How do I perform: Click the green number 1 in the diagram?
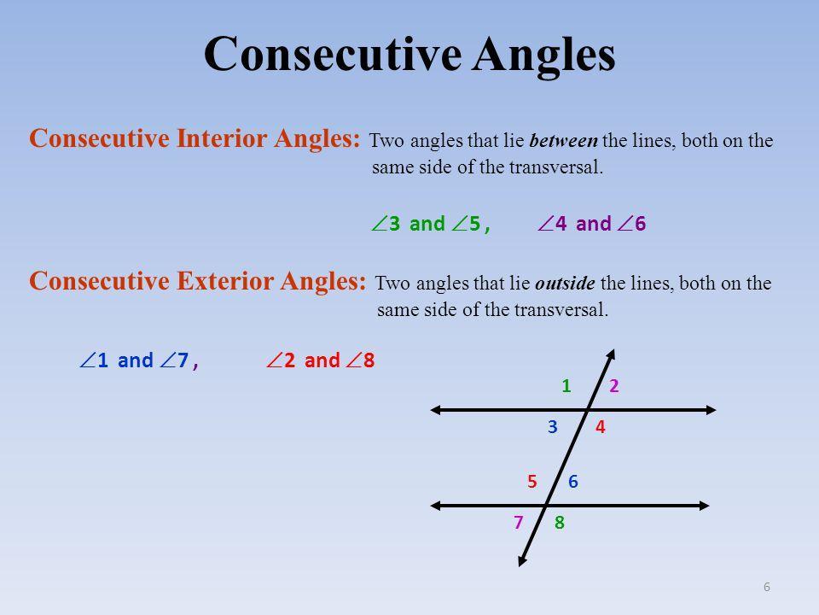[x=566, y=386]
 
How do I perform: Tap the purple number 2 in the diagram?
[x=613, y=386]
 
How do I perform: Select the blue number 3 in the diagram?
[x=553, y=427]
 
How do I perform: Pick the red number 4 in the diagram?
[x=600, y=427]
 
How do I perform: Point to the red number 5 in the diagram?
[x=531, y=481]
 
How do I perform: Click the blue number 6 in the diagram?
[x=573, y=481]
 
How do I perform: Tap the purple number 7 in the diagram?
[x=518, y=522]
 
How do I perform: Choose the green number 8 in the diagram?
[x=560, y=522]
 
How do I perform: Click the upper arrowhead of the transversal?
[x=611, y=354]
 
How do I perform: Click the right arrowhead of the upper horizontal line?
[x=711, y=410]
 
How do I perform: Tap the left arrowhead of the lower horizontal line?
[x=436, y=506]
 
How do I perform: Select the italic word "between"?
[x=564, y=141]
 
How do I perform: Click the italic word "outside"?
[x=565, y=284]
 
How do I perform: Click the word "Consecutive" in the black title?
[x=333, y=54]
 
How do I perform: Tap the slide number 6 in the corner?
[x=767, y=587]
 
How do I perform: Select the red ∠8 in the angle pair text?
[x=361, y=360]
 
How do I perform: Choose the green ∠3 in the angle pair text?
[x=386, y=224]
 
